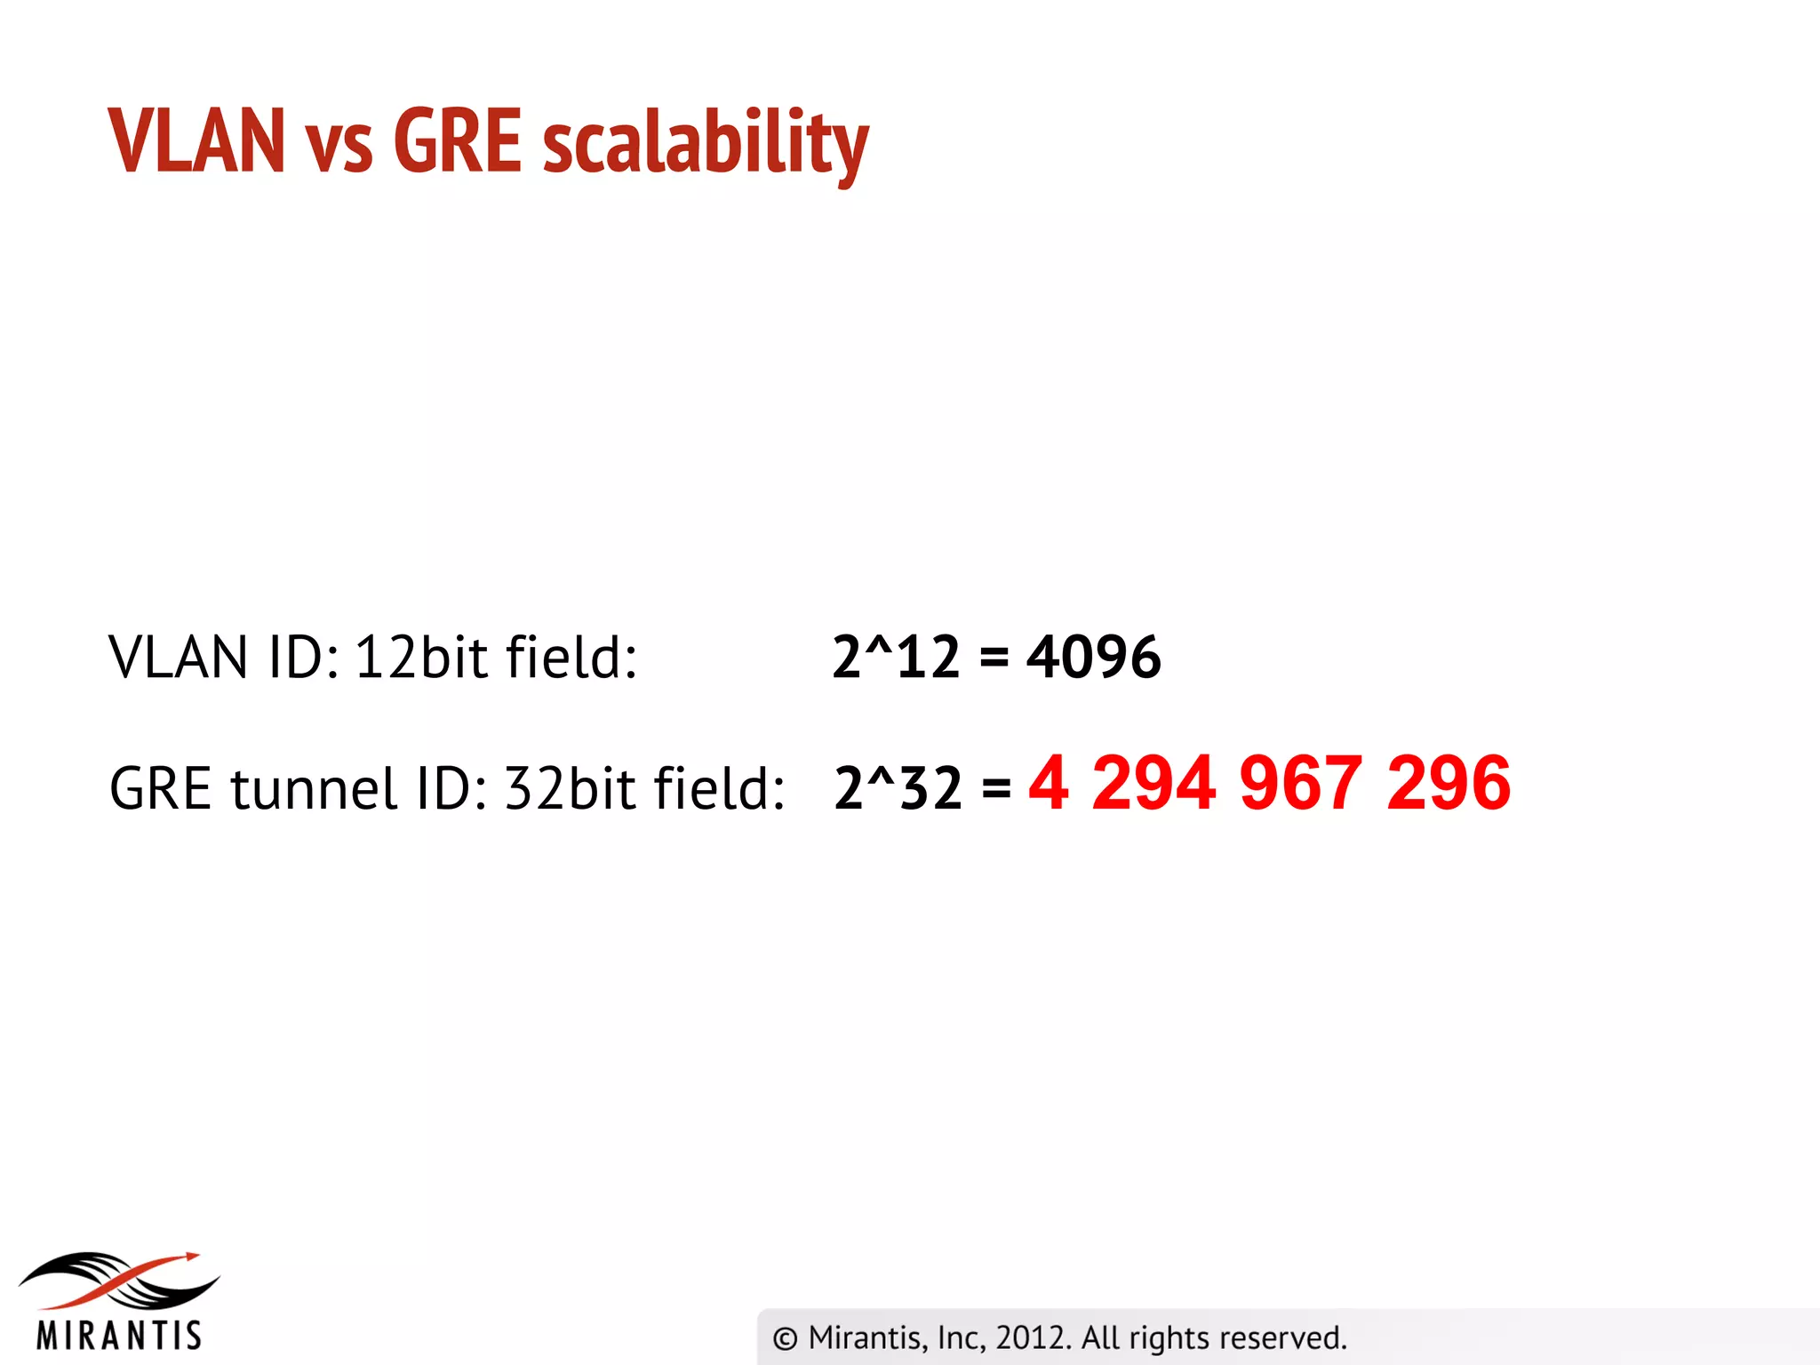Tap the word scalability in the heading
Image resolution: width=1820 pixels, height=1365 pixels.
(706, 144)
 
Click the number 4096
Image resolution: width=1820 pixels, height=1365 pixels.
(1093, 658)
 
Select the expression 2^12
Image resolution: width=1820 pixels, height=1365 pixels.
(896, 658)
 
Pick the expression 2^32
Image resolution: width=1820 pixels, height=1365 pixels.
(898, 788)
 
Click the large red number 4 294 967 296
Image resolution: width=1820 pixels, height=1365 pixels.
(1269, 783)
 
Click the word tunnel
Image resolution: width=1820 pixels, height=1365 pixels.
(313, 788)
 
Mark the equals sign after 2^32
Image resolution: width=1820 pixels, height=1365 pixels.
(996, 788)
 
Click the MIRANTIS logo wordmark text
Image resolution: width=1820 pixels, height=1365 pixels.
(119, 1335)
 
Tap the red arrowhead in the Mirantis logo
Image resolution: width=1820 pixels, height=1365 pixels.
(190, 1256)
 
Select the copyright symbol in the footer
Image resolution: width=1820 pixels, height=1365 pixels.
(785, 1338)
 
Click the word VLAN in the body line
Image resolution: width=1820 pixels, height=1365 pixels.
(178, 658)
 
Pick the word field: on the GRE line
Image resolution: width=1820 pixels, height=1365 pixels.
(719, 788)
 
